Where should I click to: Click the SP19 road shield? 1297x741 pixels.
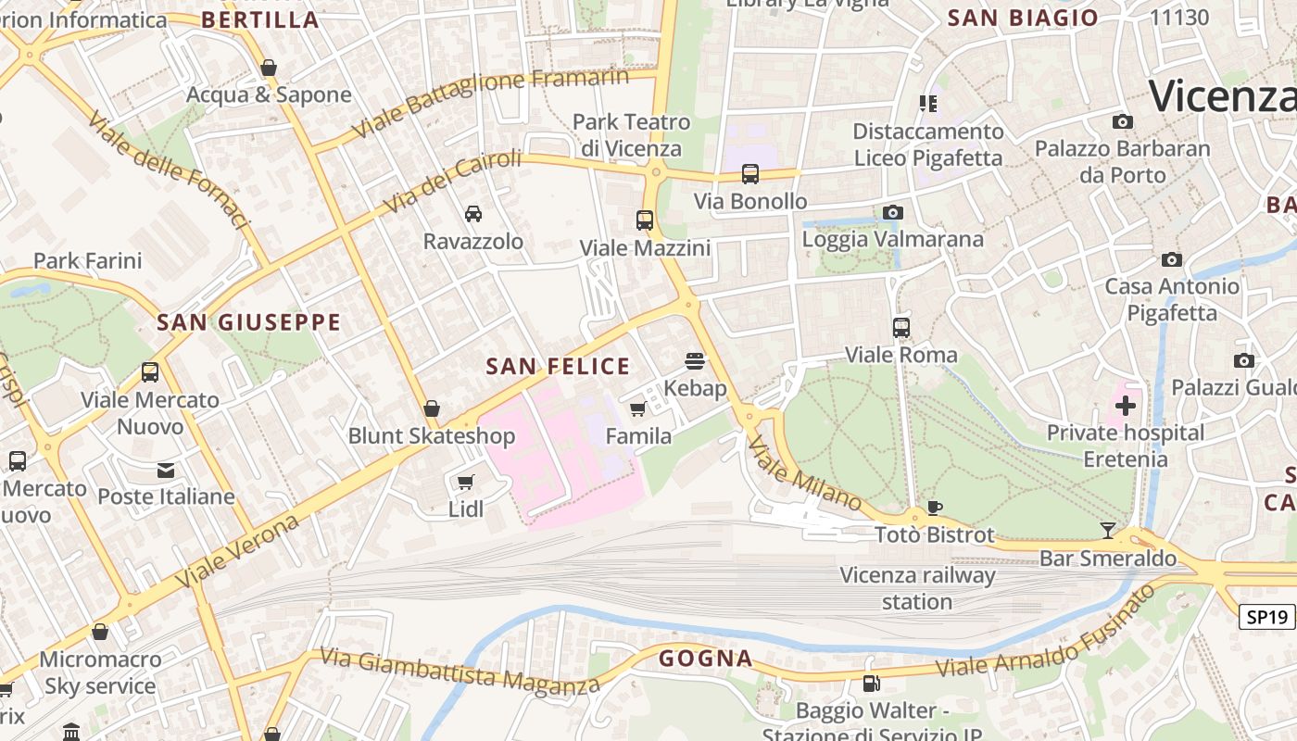[1267, 617]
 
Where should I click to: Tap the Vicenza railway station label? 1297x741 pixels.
[917, 588]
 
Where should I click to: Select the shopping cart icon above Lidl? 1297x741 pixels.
[466, 482]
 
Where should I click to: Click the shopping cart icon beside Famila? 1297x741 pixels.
[637, 408]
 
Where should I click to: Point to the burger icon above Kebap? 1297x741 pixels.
[695, 360]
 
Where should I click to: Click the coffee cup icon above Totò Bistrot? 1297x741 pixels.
[934, 508]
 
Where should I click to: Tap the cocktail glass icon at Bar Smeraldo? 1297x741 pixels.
[1108, 531]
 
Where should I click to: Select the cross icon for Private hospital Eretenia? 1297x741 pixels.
[1126, 406]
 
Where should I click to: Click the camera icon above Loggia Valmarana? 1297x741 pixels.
[892, 212]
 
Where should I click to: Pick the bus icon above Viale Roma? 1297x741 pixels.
[900, 327]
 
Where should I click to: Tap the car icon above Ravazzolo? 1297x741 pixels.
[473, 214]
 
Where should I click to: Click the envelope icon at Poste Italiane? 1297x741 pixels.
[166, 471]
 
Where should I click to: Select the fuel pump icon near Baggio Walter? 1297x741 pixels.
[871, 684]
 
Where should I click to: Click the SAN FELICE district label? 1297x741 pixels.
[558, 367]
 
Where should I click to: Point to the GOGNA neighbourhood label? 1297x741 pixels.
[705, 659]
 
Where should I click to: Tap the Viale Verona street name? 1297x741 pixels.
[239, 550]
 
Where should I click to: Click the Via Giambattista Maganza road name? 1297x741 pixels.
[460, 671]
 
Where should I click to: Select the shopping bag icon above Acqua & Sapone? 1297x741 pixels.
[269, 68]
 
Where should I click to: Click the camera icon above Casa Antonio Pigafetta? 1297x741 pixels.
[1172, 259]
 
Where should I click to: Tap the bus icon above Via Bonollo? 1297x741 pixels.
[750, 174]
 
